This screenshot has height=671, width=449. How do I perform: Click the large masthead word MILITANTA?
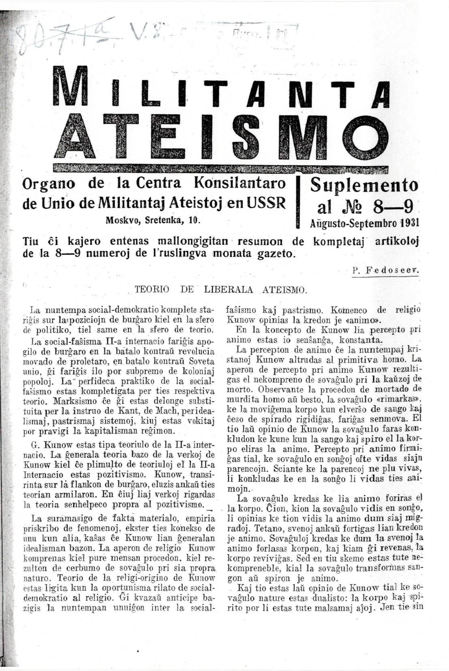click(221, 88)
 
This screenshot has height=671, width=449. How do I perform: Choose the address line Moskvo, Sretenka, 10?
click(154, 220)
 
